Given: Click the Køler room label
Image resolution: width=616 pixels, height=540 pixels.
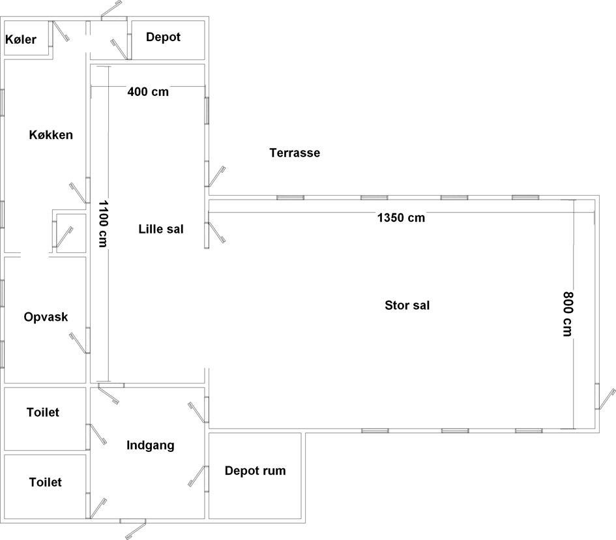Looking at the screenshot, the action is [x=21, y=39].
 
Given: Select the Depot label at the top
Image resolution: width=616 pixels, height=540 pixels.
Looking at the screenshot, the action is [x=163, y=37].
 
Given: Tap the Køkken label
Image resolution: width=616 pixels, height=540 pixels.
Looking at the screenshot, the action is [x=51, y=135].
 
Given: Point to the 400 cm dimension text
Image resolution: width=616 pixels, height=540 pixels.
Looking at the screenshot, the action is [x=148, y=92].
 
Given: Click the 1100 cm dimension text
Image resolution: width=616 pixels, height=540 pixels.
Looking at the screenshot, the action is [x=103, y=224].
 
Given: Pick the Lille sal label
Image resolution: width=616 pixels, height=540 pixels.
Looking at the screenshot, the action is [x=161, y=229].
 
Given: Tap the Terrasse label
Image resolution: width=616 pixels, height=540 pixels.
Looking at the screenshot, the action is [x=295, y=153].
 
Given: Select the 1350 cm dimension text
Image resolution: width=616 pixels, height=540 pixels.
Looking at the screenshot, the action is [x=401, y=218].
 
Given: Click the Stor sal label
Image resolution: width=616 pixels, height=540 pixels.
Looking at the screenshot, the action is [x=407, y=305].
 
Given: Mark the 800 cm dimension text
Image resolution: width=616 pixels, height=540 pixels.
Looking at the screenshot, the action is [x=568, y=314].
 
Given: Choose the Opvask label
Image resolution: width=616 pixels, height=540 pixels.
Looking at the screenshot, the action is [x=46, y=317].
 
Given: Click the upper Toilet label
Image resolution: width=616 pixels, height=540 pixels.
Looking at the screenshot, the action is [x=43, y=412].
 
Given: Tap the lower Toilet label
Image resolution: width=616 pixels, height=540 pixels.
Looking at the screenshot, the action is [x=46, y=482].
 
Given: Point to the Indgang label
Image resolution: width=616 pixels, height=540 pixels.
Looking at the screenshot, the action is [x=151, y=445].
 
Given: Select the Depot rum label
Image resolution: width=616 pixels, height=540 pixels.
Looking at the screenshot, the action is [x=256, y=470].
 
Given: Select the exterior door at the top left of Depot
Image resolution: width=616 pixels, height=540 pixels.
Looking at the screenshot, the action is [x=111, y=10].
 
